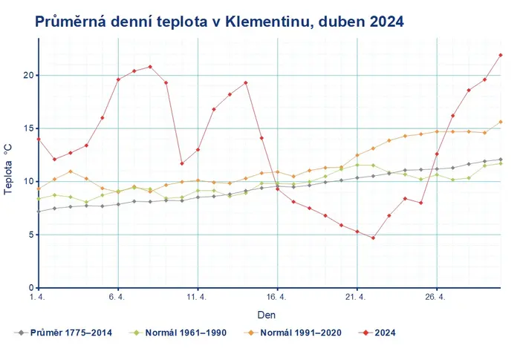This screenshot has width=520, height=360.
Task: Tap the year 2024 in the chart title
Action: [x=386, y=22]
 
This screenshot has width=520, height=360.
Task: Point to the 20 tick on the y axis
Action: [x=28, y=75]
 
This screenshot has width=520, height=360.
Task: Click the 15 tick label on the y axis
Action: [x=28, y=128]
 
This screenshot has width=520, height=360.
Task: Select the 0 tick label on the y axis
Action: [x=31, y=288]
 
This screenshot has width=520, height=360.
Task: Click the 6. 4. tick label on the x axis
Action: [x=117, y=297]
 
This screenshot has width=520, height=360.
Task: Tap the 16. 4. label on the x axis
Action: [x=276, y=297]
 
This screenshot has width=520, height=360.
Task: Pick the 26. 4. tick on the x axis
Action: [x=435, y=297]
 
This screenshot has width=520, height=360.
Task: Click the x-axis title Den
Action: [x=266, y=315]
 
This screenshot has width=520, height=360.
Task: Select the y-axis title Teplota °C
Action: [x=8, y=169]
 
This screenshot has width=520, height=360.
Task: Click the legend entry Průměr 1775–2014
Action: [x=63, y=333]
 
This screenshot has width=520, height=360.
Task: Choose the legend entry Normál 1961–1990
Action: [x=178, y=333]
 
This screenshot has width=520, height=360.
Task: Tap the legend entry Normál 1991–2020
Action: [x=293, y=333]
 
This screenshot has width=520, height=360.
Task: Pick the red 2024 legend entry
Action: [x=377, y=333]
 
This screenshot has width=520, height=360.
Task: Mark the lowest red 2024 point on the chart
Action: [x=373, y=238]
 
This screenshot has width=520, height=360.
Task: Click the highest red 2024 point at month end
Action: [x=501, y=55]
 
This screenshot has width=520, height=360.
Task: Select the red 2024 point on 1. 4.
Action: [x=39, y=140]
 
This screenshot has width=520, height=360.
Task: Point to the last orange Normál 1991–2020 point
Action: [x=501, y=122]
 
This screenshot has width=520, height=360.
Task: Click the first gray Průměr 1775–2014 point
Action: [x=39, y=212]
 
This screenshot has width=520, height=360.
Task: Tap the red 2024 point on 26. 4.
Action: [x=437, y=154]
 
